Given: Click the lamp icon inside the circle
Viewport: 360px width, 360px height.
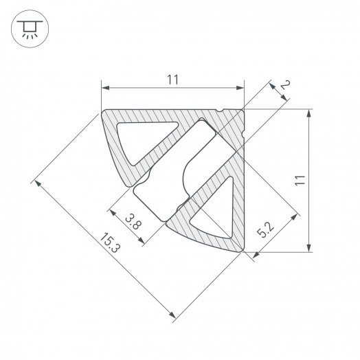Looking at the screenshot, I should [28, 28].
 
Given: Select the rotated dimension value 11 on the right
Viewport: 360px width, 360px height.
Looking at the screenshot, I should [299, 181].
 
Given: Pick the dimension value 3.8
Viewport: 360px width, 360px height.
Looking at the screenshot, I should [134, 221].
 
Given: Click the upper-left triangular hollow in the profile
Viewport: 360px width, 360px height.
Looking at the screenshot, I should [141, 139].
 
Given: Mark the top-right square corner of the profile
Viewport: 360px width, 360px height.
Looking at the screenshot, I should [244, 110].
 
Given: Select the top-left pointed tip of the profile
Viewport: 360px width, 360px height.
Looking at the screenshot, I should [103, 111].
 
